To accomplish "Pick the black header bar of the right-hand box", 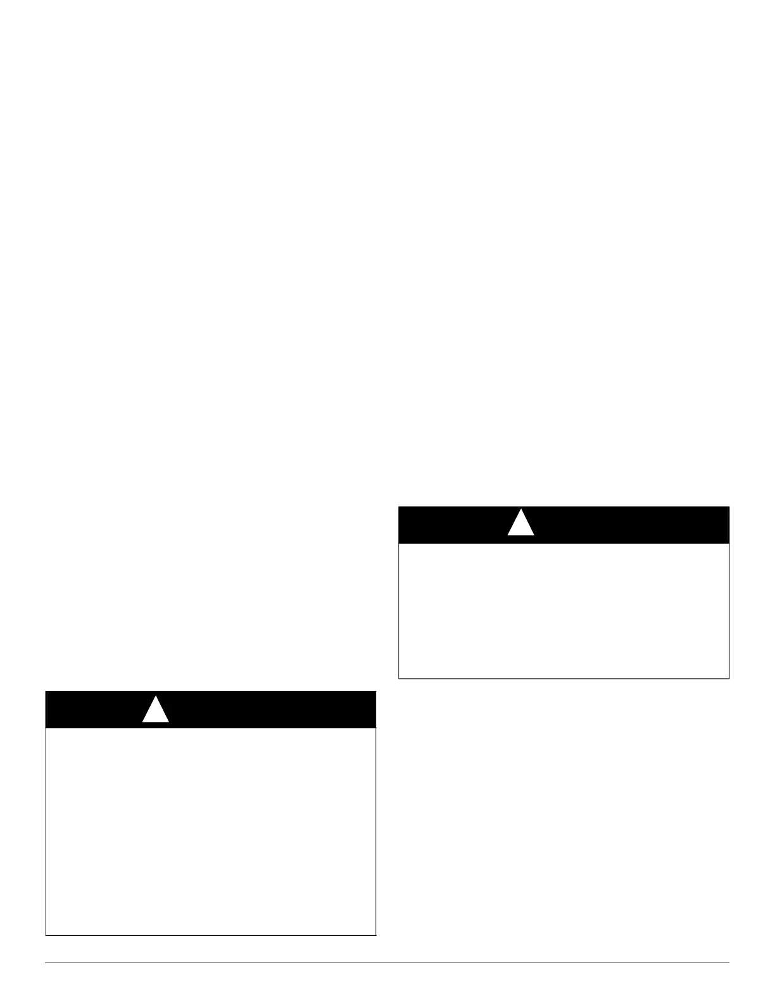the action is [x=627, y=525].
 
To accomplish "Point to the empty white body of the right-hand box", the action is [x=564, y=610].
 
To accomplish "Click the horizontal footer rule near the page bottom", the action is [x=387, y=963].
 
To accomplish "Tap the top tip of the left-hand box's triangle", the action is [x=155, y=697].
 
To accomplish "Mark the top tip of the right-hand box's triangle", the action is [x=520, y=510].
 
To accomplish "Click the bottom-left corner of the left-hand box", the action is [x=46, y=935].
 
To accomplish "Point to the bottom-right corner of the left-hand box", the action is [x=376, y=935].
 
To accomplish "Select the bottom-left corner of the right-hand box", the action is [x=398, y=678].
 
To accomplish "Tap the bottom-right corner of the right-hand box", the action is [x=729, y=678].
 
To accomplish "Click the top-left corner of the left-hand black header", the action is [x=46, y=691].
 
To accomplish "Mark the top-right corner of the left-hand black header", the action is [x=376, y=691].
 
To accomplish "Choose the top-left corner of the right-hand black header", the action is [x=398, y=507].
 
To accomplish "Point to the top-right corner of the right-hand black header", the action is [x=729, y=507].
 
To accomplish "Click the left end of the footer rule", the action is [x=46, y=963].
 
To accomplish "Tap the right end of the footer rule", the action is [x=729, y=963].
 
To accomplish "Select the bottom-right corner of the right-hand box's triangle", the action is [x=534, y=535].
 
